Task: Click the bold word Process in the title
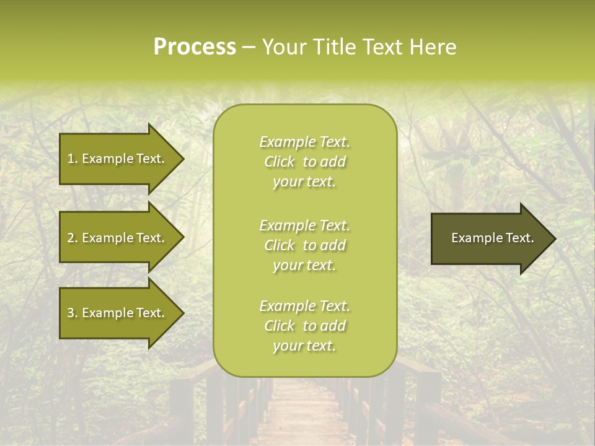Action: pos(195,47)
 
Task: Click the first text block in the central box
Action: pos(304,162)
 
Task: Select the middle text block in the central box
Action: pos(304,245)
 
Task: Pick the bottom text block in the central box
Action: pos(304,326)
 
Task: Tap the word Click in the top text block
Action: pos(280,162)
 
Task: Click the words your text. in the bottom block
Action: pos(304,346)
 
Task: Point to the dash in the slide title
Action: pos(249,48)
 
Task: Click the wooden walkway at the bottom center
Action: pos(304,415)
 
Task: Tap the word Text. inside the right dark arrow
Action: pos(519,238)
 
